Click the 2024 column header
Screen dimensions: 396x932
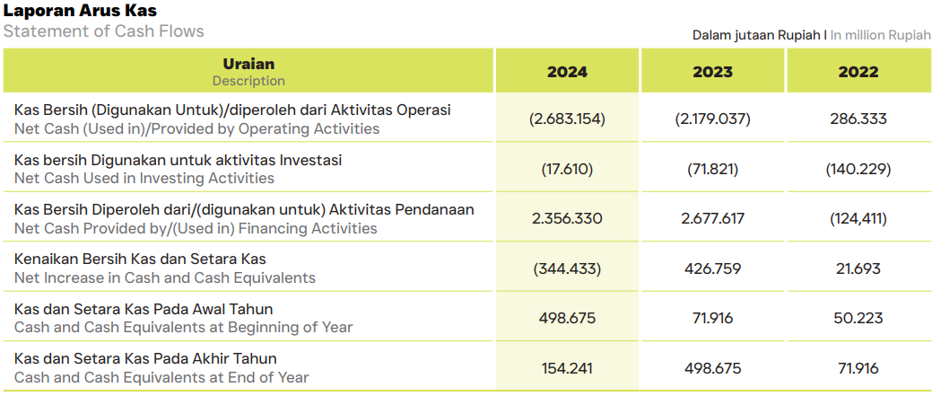tap(567, 72)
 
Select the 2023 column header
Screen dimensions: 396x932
tap(712, 72)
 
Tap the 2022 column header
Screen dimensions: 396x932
tap(858, 72)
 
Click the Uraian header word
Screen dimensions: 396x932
tap(248, 64)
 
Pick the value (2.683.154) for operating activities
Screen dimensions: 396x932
tap(567, 119)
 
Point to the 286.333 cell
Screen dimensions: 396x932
tap(858, 119)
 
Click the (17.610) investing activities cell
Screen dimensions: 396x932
tap(567, 169)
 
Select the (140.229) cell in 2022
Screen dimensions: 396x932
tap(858, 169)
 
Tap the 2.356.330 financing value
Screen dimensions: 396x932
tap(567, 218)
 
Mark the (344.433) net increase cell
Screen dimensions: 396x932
tap(567, 268)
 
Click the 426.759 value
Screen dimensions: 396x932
tap(712, 268)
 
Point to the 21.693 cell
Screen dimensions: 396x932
tap(858, 268)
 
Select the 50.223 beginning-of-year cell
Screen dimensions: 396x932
tap(858, 318)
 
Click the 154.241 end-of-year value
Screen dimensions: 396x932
tap(567, 368)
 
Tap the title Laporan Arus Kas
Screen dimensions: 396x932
tap(80, 11)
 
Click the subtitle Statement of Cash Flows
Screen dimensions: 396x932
tap(104, 31)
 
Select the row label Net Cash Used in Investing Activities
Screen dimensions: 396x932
tap(144, 178)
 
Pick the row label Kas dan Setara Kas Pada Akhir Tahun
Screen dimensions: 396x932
tap(145, 358)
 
